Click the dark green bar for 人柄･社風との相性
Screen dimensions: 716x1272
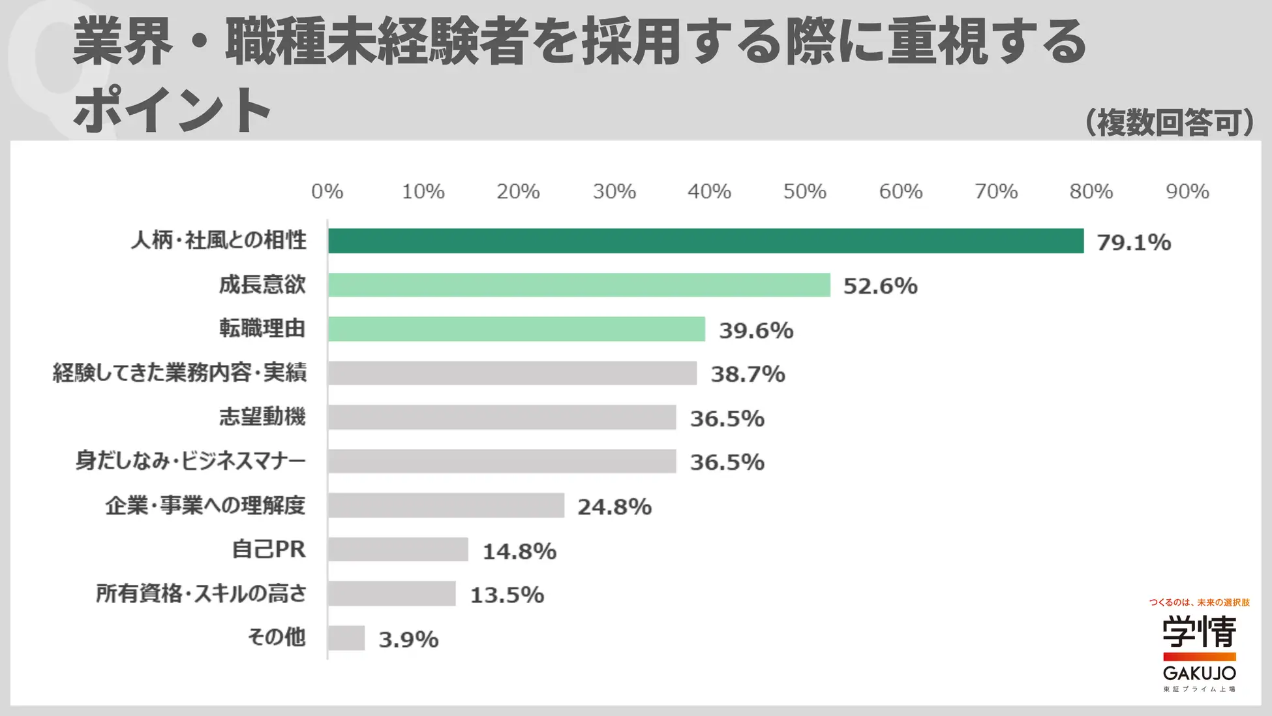pyautogui.click(x=705, y=241)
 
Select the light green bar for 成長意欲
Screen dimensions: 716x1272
pyautogui.click(x=579, y=285)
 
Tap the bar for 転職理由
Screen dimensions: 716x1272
pyautogui.click(x=516, y=329)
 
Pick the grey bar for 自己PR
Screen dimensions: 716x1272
pyautogui.click(x=398, y=550)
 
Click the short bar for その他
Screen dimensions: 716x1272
pyautogui.click(x=346, y=638)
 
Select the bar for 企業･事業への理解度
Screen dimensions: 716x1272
pyautogui.click(x=446, y=505)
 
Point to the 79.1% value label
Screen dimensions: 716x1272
pyautogui.click(x=1134, y=243)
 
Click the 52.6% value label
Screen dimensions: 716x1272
pyautogui.click(x=880, y=286)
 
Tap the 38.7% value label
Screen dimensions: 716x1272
pyautogui.click(x=748, y=374)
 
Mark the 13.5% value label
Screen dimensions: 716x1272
pyautogui.click(x=507, y=595)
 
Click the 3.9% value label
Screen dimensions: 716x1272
pyautogui.click(x=408, y=639)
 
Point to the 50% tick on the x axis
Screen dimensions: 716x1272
pyautogui.click(x=804, y=191)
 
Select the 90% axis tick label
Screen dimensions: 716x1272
pyautogui.click(x=1187, y=191)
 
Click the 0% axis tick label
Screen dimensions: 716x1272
pyautogui.click(x=327, y=191)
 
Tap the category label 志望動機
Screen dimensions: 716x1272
pyautogui.click(x=262, y=417)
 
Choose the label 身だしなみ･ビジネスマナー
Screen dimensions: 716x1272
pyautogui.click(x=190, y=461)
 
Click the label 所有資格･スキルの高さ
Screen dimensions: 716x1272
pyautogui.click(x=201, y=593)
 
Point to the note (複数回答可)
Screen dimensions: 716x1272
pyautogui.click(x=1170, y=122)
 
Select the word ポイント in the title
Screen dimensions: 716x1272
pyautogui.click(x=172, y=109)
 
